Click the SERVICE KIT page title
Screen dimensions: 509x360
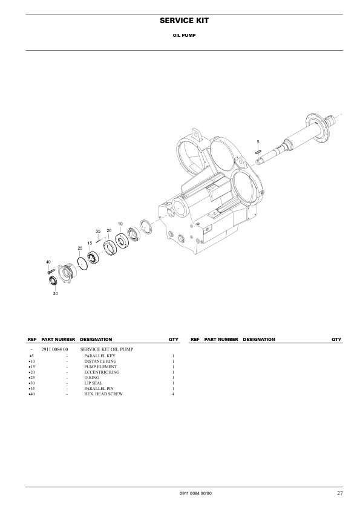(x=180, y=21)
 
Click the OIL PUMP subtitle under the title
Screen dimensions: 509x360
(x=180, y=35)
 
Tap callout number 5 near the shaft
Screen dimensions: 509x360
(x=258, y=142)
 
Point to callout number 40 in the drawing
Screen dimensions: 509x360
(x=48, y=262)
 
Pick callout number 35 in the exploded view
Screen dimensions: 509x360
(x=97, y=231)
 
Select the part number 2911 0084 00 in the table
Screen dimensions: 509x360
(x=54, y=349)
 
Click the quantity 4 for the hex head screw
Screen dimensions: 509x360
(x=173, y=394)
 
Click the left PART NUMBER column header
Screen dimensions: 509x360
(x=58, y=339)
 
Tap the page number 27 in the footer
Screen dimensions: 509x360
(x=340, y=494)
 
